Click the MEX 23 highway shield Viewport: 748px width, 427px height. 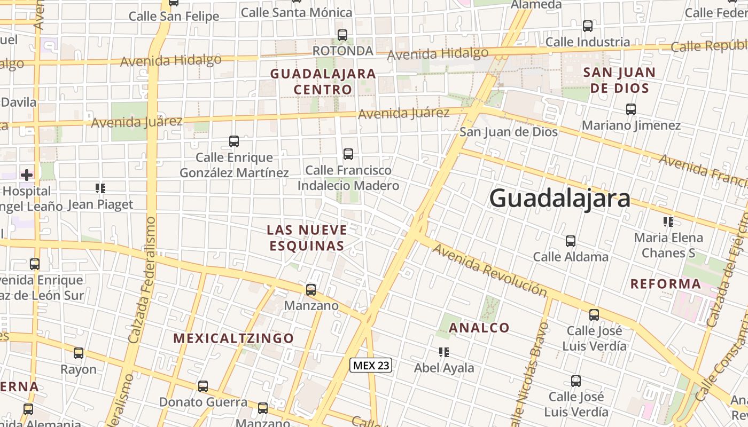coord(371,365)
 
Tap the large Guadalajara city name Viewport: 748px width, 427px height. coord(559,199)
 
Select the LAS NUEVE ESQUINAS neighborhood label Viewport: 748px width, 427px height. coord(307,238)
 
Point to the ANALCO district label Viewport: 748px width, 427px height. coord(479,328)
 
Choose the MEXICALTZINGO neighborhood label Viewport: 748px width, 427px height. coord(233,338)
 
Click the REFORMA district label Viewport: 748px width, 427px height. coord(665,284)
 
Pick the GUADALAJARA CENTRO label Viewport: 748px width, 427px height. coord(323,81)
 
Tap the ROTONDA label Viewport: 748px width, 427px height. coord(342,51)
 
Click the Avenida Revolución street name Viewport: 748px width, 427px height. coord(489,270)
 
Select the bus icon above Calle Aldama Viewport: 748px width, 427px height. coord(571,241)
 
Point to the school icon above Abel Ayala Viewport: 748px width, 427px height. coord(443,352)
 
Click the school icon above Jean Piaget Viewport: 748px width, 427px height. coord(100,188)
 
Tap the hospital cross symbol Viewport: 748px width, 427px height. coord(27,175)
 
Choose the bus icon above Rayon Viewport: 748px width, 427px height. coord(79,353)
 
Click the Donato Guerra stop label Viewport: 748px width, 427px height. coord(203,402)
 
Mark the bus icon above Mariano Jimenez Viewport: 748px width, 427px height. coord(631,109)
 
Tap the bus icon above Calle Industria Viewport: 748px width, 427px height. coord(588,26)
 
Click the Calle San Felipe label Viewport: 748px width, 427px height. coord(174,16)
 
